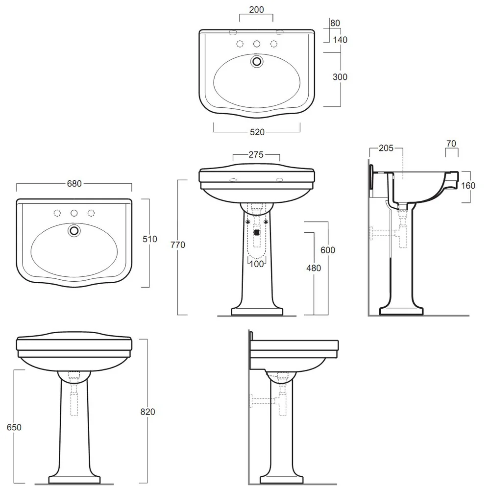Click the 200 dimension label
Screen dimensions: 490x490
click(x=256, y=10)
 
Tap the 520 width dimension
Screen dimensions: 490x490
click(x=257, y=132)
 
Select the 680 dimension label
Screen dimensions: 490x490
click(x=74, y=183)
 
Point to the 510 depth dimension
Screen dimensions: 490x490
click(x=149, y=239)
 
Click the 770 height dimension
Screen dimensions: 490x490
click(x=178, y=245)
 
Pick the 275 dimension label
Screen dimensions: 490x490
click(x=256, y=154)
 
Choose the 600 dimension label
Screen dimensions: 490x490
click(x=328, y=250)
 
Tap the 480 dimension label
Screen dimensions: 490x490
click(x=314, y=268)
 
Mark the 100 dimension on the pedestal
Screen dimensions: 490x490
click(x=257, y=264)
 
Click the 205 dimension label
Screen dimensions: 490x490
click(x=386, y=148)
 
